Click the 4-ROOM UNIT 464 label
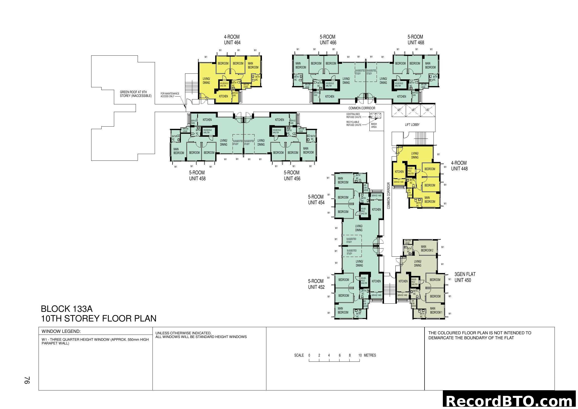tap(232, 40)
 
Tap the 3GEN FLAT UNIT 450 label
tap(465, 277)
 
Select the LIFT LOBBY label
tap(412, 125)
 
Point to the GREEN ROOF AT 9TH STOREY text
tap(135, 94)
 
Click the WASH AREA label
tap(374, 125)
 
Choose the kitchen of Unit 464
tap(223, 96)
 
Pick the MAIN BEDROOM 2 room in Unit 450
tap(427, 249)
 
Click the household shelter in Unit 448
tap(411, 171)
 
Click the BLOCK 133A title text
tap(67, 309)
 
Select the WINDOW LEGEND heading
tap(61, 331)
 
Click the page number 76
tap(27, 380)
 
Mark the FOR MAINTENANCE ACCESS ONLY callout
tap(170, 95)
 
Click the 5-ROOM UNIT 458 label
tap(197, 176)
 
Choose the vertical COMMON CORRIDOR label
tap(388, 196)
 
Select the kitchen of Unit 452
tap(376, 281)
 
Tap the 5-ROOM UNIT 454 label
tap(316, 200)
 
